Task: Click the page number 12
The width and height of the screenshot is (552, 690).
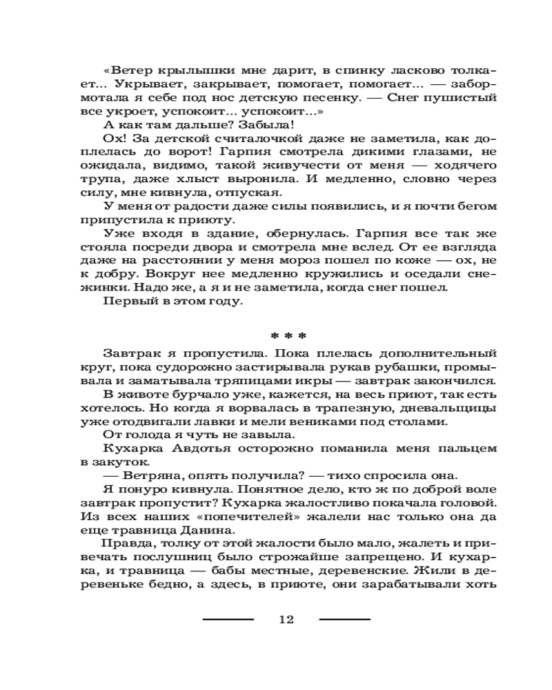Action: coord(286,619)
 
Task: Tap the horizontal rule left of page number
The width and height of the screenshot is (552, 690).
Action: coord(228,619)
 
